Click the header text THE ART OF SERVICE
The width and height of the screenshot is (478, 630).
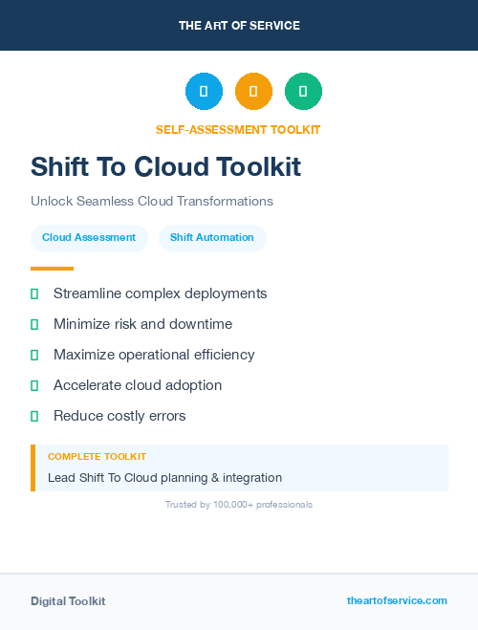click(239, 26)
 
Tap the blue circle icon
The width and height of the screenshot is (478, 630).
click(204, 91)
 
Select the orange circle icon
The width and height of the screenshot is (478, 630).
click(253, 91)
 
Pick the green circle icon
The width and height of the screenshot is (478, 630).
click(303, 91)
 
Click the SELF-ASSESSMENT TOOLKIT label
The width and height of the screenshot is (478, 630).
click(238, 130)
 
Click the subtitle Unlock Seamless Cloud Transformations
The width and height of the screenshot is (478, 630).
click(152, 202)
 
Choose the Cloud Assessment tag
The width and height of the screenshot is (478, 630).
click(89, 238)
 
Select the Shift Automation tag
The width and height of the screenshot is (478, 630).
click(212, 238)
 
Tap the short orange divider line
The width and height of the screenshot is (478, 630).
click(52, 269)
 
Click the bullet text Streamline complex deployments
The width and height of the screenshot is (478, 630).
click(160, 293)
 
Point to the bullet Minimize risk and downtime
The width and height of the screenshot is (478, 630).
click(142, 324)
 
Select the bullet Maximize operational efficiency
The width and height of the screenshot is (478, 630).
click(154, 355)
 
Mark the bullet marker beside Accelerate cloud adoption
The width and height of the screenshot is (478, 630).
click(34, 385)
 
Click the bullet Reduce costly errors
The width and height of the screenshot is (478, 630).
click(119, 416)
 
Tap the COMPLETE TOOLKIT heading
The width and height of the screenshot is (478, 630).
click(97, 457)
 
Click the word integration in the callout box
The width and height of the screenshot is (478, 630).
click(251, 477)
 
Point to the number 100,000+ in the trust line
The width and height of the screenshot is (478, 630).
click(231, 505)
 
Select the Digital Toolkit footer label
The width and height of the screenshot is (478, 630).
click(68, 601)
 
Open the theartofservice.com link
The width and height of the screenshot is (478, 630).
click(397, 600)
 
